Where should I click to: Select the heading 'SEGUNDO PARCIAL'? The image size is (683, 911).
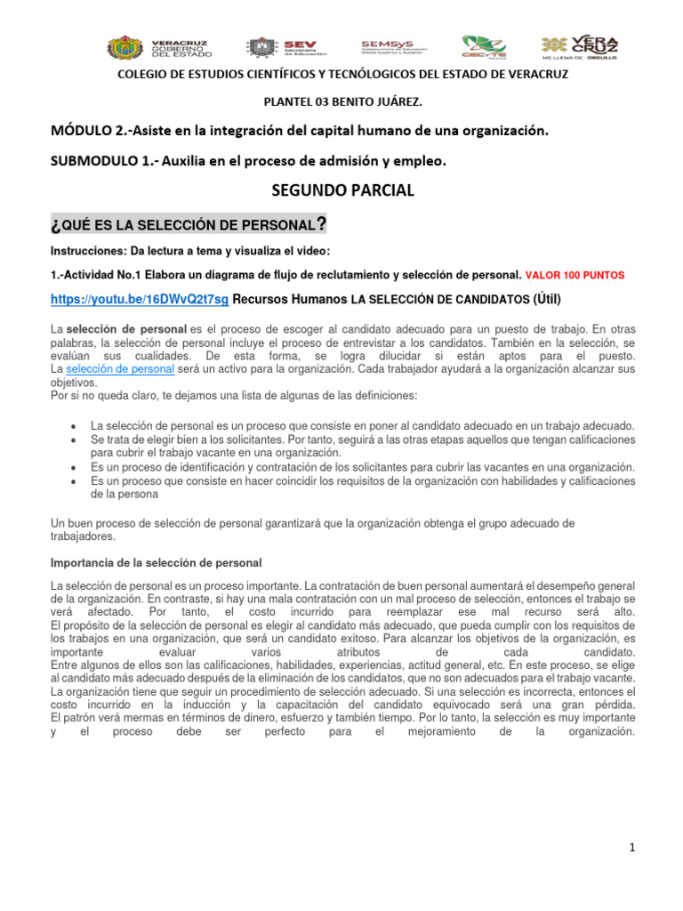click(x=342, y=190)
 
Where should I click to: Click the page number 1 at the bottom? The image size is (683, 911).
click(x=632, y=848)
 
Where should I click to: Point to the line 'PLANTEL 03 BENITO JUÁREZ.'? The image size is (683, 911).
click(x=342, y=102)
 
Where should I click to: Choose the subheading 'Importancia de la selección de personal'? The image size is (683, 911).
click(x=157, y=564)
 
